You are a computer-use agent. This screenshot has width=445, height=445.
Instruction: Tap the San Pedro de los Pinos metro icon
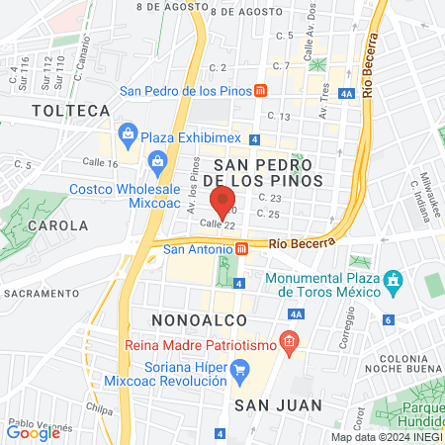(x=260, y=90)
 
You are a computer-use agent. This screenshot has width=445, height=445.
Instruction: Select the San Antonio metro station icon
(x=242, y=249)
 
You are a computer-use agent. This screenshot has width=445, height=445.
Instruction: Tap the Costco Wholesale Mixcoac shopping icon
(x=155, y=161)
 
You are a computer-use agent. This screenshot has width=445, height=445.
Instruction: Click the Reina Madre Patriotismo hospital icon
(x=289, y=344)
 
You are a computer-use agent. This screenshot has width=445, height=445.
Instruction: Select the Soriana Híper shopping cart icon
(x=239, y=369)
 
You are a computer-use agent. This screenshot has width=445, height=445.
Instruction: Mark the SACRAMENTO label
(x=40, y=294)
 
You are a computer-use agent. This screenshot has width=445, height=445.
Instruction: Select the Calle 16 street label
(x=100, y=163)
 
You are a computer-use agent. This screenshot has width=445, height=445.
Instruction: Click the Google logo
(x=33, y=432)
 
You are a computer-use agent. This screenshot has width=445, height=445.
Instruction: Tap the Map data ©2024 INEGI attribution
(x=386, y=437)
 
